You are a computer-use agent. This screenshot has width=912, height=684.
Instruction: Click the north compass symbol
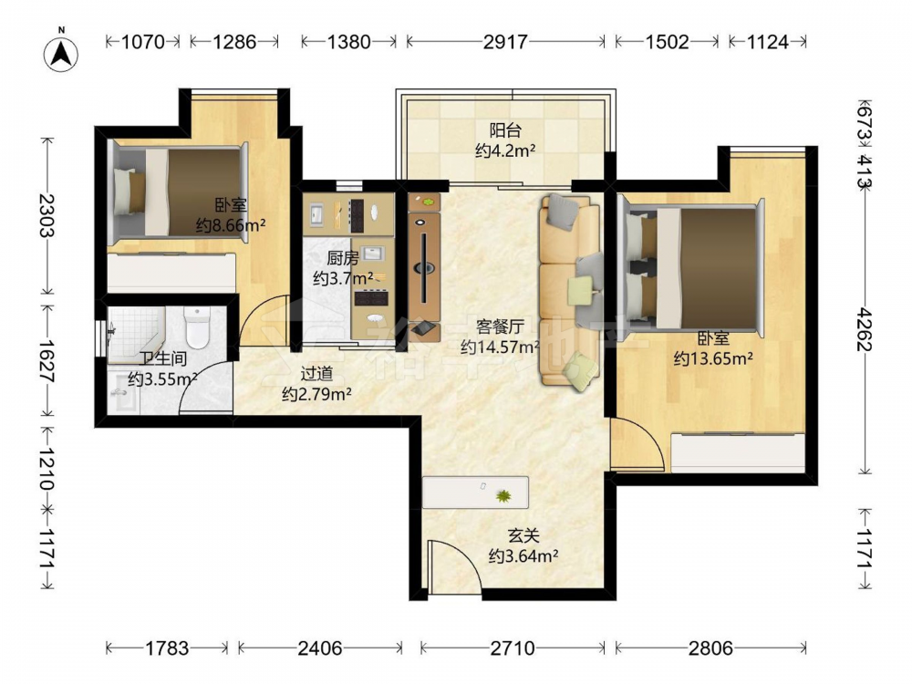pyautogui.click(x=61, y=52)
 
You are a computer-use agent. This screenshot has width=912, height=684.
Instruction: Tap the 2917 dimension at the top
pyautogui.click(x=505, y=42)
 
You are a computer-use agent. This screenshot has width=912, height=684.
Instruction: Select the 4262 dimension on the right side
pyautogui.click(x=865, y=329)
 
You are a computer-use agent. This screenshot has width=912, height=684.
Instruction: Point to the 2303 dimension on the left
pyautogui.click(x=47, y=215)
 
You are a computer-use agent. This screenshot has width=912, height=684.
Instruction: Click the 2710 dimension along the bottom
pyautogui.click(x=513, y=648)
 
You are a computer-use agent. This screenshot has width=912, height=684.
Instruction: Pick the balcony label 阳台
pyautogui.click(x=505, y=130)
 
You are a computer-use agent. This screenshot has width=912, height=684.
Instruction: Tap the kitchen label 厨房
pyautogui.click(x=342, y=258)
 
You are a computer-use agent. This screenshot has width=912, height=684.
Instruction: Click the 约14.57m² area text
pyautogui.click(x=500, y=347)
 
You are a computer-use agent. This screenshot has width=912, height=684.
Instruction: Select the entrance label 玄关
pyautogui.click(x=523, y=535)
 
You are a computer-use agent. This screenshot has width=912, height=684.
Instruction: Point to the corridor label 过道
pyautogui.click(x=316, y=373)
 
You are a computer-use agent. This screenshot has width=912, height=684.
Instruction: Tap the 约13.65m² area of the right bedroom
pyautogui.click(x=713, y=358)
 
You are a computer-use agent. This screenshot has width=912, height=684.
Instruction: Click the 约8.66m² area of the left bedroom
pyautogui.click(x=231, y=225)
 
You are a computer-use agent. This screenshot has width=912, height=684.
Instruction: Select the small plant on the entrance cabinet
pyautogui.click(x=503, y=495)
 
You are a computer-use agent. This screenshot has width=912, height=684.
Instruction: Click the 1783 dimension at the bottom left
pyautogui.click(x=167, y=648)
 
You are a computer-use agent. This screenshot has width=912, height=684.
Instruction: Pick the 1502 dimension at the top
pyautogui.click(x=668, y=42)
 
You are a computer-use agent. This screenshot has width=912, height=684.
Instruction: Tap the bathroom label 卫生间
pyautogui.click(x=163, y=358)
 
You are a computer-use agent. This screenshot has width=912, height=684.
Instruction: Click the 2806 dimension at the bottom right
pyautogui.click(x=710, y=648)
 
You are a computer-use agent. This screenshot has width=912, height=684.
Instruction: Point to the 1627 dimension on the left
pyautogui.click(x=47, y=360)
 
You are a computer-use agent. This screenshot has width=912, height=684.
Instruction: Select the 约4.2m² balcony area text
pyautogui.click(x=505, y=151)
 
